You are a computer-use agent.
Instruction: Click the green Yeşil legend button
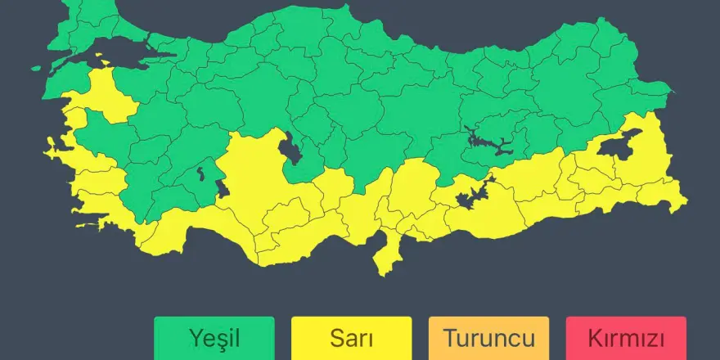click(214, 337)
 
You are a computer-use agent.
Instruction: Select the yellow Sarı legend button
click(352, 337)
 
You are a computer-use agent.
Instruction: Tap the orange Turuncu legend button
click(489, 337)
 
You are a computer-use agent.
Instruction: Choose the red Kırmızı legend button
click(626, 337)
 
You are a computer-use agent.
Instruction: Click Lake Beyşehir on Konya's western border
click(222, 187)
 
